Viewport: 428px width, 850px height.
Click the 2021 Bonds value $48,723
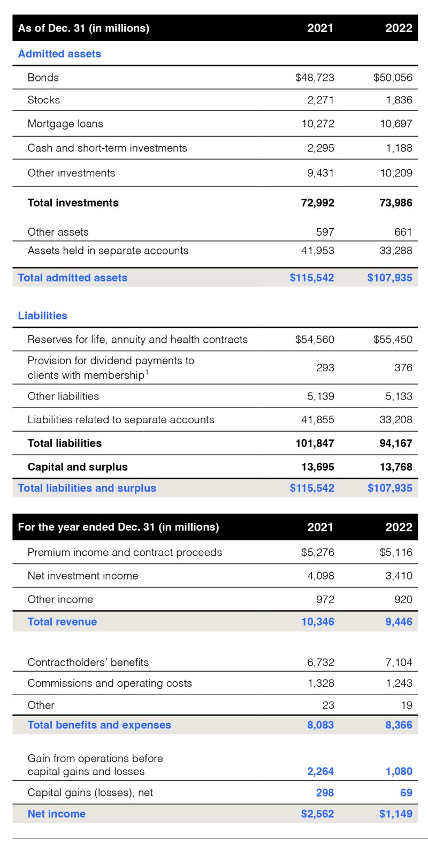click(315, 78)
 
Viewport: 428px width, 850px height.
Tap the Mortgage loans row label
click(65, 124)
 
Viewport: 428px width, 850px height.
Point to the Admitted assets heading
click(59, 54)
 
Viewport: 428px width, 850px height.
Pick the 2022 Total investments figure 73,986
click(396, 203)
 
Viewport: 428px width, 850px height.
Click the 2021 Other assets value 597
click(325, 232)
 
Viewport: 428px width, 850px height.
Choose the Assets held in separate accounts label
click(108, 251)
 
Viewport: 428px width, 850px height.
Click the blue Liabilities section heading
click(43, 316)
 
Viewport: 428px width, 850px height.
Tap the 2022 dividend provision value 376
click(403, 367)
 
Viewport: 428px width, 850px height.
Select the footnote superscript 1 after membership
click(147, 372)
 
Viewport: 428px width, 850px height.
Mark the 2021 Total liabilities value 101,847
click(315, 443)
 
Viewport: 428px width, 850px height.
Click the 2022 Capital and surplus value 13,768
click(396, 467)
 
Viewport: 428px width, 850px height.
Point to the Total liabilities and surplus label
click(87, 488)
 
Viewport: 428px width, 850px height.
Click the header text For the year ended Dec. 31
click(118, 527)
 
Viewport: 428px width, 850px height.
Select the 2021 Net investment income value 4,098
click(320, 576)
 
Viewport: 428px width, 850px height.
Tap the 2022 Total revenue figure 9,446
click(399, 622)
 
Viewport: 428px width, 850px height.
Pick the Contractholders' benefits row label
click(88, 663)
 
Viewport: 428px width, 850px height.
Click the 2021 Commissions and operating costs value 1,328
click(320, 683)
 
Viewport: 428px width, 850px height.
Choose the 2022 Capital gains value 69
click(406, 793)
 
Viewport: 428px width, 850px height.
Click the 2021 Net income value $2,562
click(317, 814)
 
